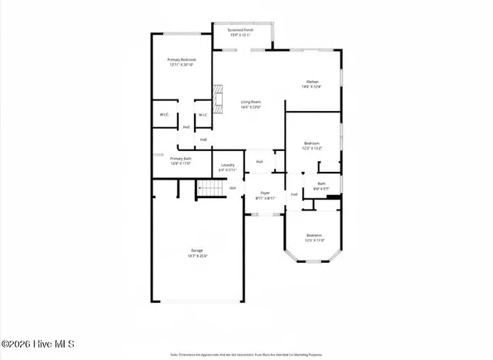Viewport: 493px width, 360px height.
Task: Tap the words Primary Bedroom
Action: (x=183, y=59)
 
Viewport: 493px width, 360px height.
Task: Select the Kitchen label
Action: (x=312, y=82)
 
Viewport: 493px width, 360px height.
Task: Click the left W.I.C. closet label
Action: (x=165, y=115)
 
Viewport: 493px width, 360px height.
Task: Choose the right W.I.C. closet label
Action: (x=203, y=115)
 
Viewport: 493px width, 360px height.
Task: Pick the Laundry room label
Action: (x=227, y=165)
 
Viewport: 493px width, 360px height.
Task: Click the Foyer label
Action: (x=265, y=193)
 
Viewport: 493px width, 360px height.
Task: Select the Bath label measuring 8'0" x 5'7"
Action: (x=320, y=183)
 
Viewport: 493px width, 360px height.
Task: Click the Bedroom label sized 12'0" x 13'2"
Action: (x=311, y=143)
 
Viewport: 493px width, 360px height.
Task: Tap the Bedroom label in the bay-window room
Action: (x=314, y=235)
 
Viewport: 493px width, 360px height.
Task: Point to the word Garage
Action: (x=197, y=251)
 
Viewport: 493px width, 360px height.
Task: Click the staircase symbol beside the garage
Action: (x=210, y=188)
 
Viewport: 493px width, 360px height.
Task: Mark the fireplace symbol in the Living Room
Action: (x=218, y=100)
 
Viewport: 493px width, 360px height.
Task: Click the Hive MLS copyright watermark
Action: (x=38, y=344)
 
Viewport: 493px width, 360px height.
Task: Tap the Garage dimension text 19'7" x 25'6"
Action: (x=197, y=256)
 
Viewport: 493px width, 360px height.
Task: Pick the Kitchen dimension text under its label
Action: (x=312, y=86)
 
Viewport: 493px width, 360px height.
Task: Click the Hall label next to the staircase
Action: (x=232, y=187)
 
